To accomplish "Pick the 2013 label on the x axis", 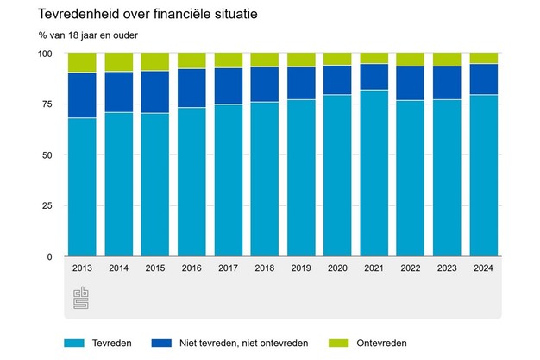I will pos(82,268).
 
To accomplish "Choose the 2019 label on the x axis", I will pos(300,268).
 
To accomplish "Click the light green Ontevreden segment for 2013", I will pos(82,62).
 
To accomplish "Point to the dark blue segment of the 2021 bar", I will pos(374,77).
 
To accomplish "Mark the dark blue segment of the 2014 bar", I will pos(118,92).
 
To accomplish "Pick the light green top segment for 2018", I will pos(264,60).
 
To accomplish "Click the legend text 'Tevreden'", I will pos(111,343).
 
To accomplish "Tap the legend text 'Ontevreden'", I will pos(382,343).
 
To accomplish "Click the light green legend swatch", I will pos(339,343).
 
